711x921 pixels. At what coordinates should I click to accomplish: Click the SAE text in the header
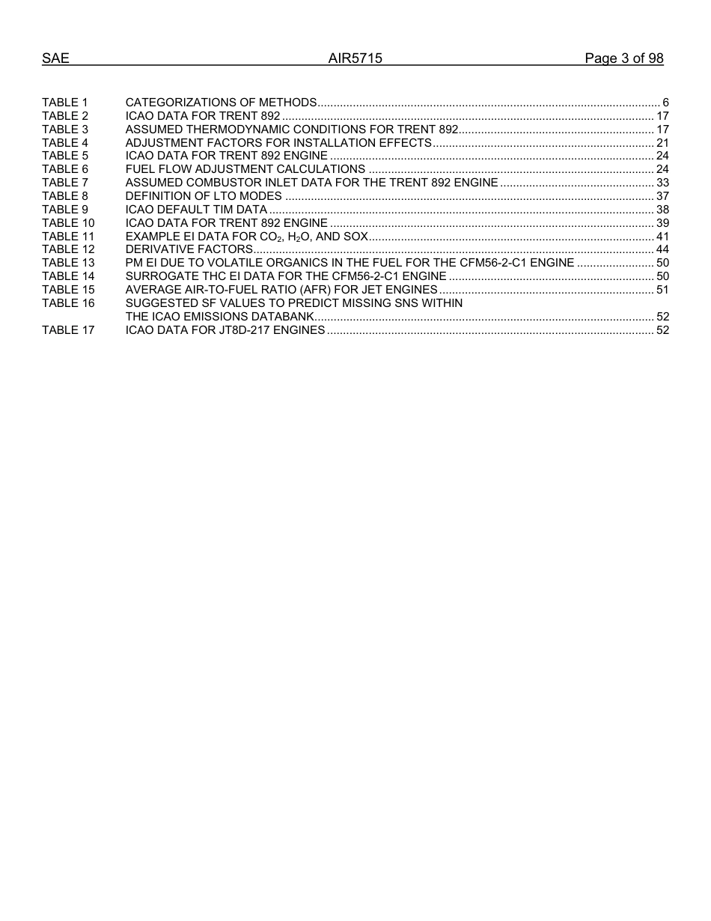click(55, 58)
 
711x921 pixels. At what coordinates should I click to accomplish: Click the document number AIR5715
click(355, 58)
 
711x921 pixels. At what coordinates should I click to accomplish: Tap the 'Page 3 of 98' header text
click(624, 58)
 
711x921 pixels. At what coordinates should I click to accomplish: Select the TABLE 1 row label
click(65, 103)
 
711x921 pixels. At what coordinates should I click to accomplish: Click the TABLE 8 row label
click(65, 196)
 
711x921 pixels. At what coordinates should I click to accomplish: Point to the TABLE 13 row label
click(68, 263)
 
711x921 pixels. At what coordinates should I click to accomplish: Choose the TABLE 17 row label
click(68, 330)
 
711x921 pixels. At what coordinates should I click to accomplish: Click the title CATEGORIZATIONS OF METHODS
click(221, 103)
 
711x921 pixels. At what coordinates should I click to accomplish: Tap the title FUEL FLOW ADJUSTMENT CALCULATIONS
click(245, 169)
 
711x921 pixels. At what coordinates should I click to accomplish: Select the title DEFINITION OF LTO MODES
click(204, 196)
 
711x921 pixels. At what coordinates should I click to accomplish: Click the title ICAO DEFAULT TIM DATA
click(196, 210)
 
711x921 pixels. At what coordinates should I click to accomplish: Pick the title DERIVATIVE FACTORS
click(189, 249)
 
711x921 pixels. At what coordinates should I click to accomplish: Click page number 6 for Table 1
click(665, 103)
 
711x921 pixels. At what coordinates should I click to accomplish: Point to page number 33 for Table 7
click(662, 183)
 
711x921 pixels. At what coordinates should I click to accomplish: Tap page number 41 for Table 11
click(662, 237)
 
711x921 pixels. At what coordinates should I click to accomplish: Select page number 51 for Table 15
click(662, 290)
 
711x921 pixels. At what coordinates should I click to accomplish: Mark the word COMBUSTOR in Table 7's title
click(219, 183)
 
